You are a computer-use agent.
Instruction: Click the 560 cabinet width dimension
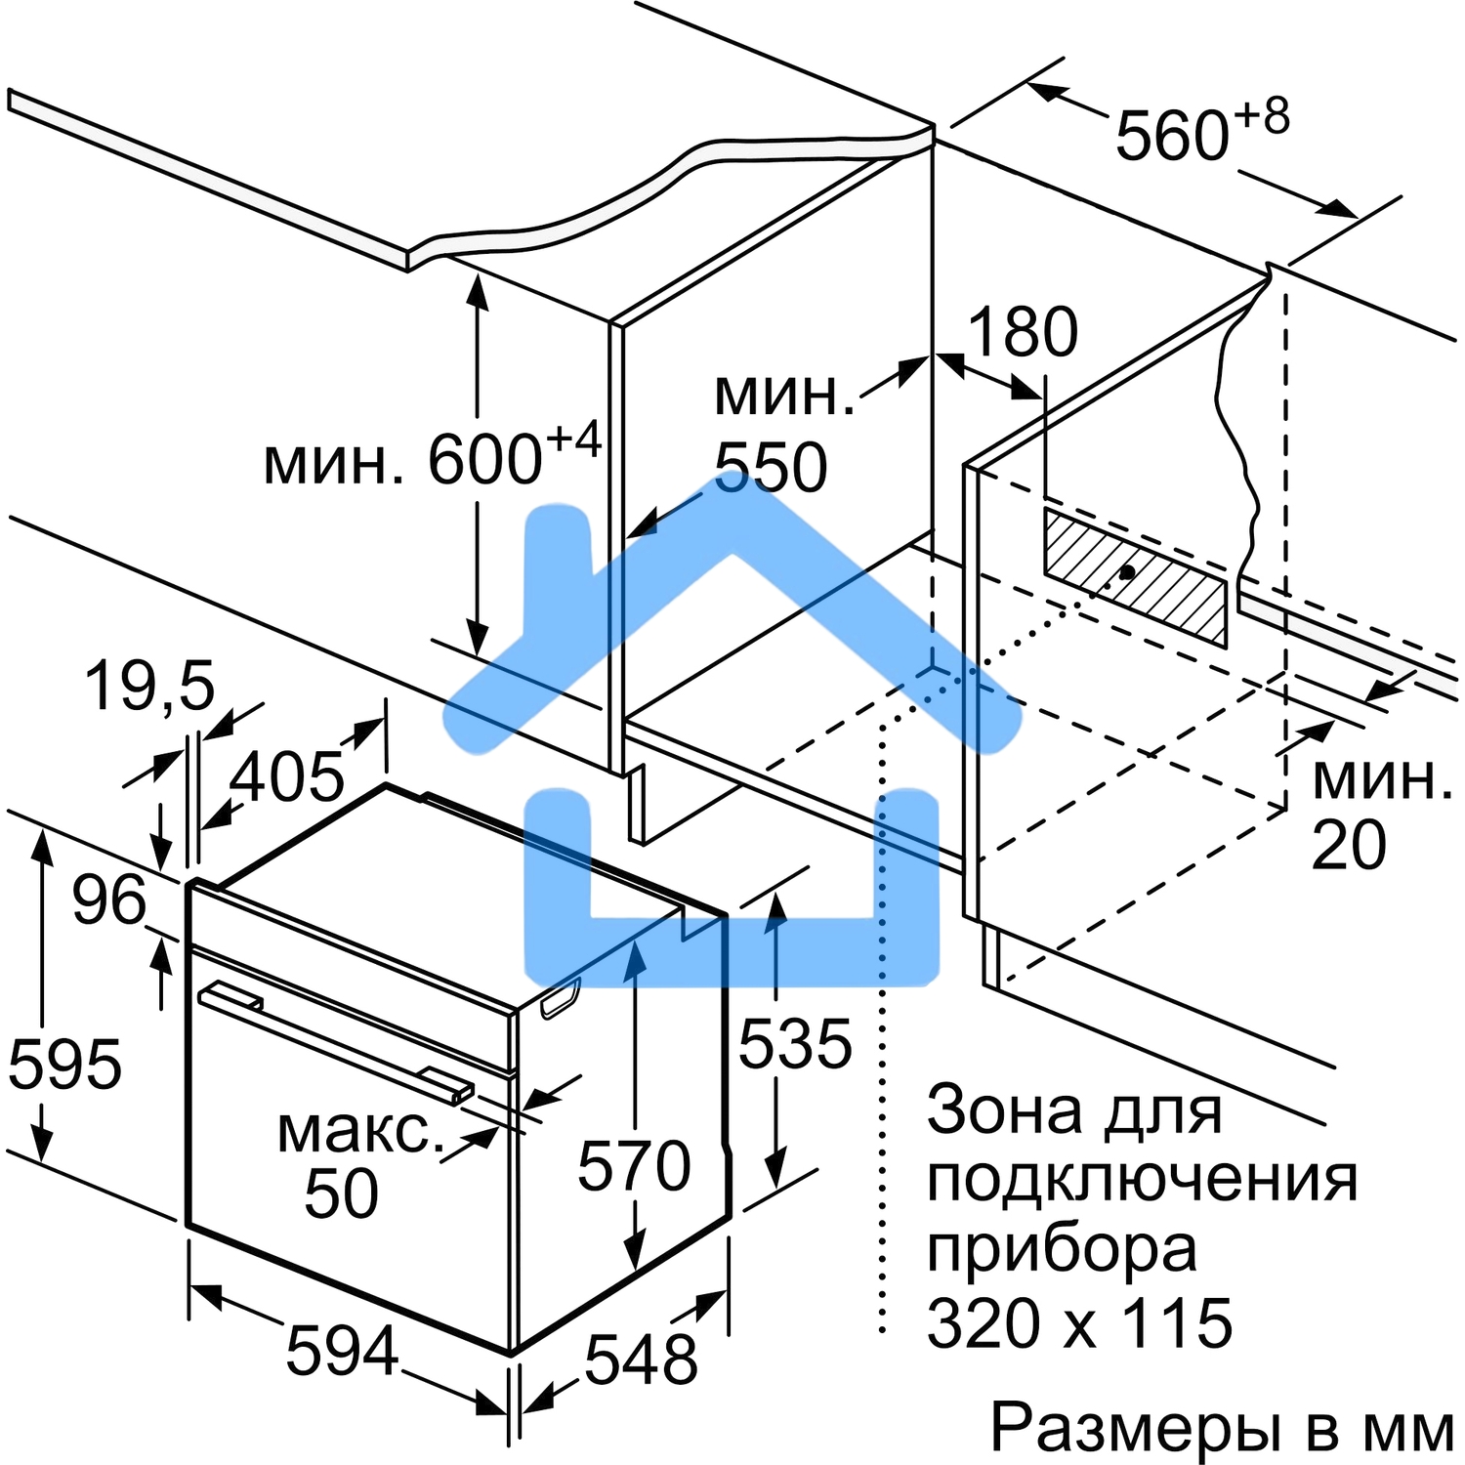click(x=1172, y=135)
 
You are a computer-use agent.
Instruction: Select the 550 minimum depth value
click(x=772, y=467)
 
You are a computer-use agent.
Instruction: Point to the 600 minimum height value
click(x=485, y=459)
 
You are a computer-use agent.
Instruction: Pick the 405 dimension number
click(x=287, y=777)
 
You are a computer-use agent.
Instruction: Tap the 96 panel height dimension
click(x=109, y=900)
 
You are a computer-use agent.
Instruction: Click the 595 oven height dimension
click(x=64, y=1064)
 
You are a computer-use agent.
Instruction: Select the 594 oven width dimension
click(x=342, y=1351)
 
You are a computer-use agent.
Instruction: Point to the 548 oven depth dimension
click(x=641, y=1359)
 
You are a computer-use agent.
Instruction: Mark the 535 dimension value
click(x=795, y=1044)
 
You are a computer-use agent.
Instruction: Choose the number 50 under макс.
click(x=341, y=1193)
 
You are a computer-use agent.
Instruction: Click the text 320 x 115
click(x=1079, y=1323)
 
